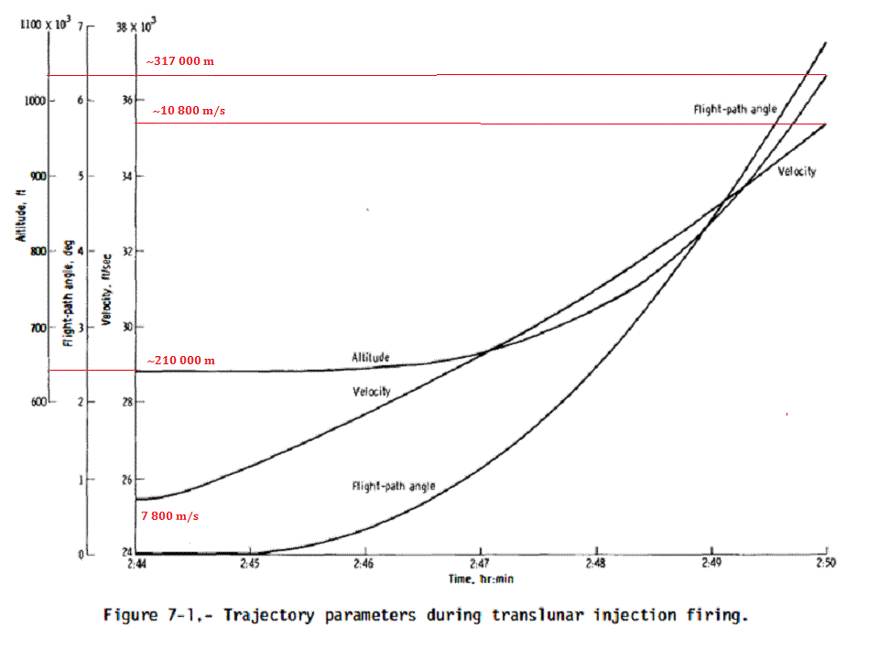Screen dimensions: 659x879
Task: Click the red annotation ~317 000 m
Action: pos(179,61)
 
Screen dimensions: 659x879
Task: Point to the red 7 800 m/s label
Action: pos(169,515)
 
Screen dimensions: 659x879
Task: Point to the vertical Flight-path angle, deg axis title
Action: pos(68,288)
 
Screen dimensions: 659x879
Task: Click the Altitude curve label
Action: pos(372,356)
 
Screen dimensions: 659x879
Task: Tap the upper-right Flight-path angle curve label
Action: pos(734,109)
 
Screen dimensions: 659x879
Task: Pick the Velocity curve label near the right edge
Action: pos(797,171)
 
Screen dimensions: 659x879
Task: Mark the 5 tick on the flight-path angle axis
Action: pos(81,176)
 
